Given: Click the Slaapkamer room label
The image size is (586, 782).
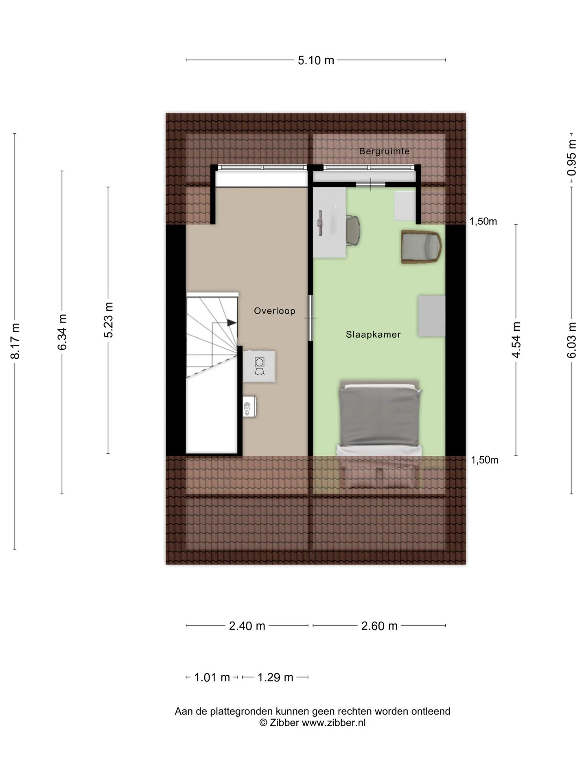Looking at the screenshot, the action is click(373, 334).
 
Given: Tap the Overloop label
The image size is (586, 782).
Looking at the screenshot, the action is click(275, 311).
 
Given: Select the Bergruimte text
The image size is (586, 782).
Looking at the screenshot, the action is click(384, 151).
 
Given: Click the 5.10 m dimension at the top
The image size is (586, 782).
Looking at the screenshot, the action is click(316, 60).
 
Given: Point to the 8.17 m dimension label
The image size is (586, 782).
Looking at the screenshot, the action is click(15, 341).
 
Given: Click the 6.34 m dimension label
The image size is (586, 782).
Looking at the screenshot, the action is click(62, 332).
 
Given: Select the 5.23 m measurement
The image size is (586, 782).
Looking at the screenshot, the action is click(108, 320).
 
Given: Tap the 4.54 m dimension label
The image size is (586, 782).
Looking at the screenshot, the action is click(516, 340).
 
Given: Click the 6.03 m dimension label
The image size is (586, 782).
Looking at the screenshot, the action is click(571, 340).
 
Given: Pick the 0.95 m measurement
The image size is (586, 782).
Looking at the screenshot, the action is click(571, 158).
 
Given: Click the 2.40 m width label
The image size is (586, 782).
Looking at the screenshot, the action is click(247, 626).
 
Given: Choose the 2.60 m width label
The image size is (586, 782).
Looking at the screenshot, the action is click(379, 626).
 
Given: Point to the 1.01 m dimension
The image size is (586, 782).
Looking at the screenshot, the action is click(212, 677).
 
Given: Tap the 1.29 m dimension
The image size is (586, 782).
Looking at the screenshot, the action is click(276, 677).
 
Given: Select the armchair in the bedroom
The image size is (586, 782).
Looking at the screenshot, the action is click(422, 247).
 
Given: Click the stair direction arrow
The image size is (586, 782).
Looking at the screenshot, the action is click(232, 323).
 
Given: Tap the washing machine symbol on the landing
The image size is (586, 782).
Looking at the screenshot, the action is click(259, 366).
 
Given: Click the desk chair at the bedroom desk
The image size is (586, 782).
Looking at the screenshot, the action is click(353, 230).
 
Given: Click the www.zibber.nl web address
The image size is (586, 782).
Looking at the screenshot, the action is click(333, 723).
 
